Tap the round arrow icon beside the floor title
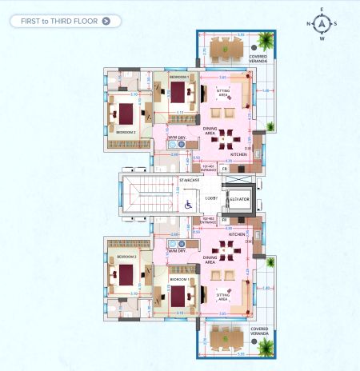pyautogui.click(x=106, y=20)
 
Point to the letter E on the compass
pyautogui.click(x=322, y=10)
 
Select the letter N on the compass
pyautogui.click(x=309, y=24)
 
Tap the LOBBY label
pyautogui.click(x=211, y=197)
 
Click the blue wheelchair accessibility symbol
pyautogui.click(x=189, y=205)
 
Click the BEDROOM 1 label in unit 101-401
pyautogui.click(x=178, y=77)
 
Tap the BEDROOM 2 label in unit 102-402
pyautogui.click(x=126, y=257)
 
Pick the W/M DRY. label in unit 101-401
pyautogui.click(x=177, y=138)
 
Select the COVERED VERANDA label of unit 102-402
pyautogui.click(x=258, y=329)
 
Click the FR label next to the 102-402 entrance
pyautogui.click(x=225, y=219)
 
